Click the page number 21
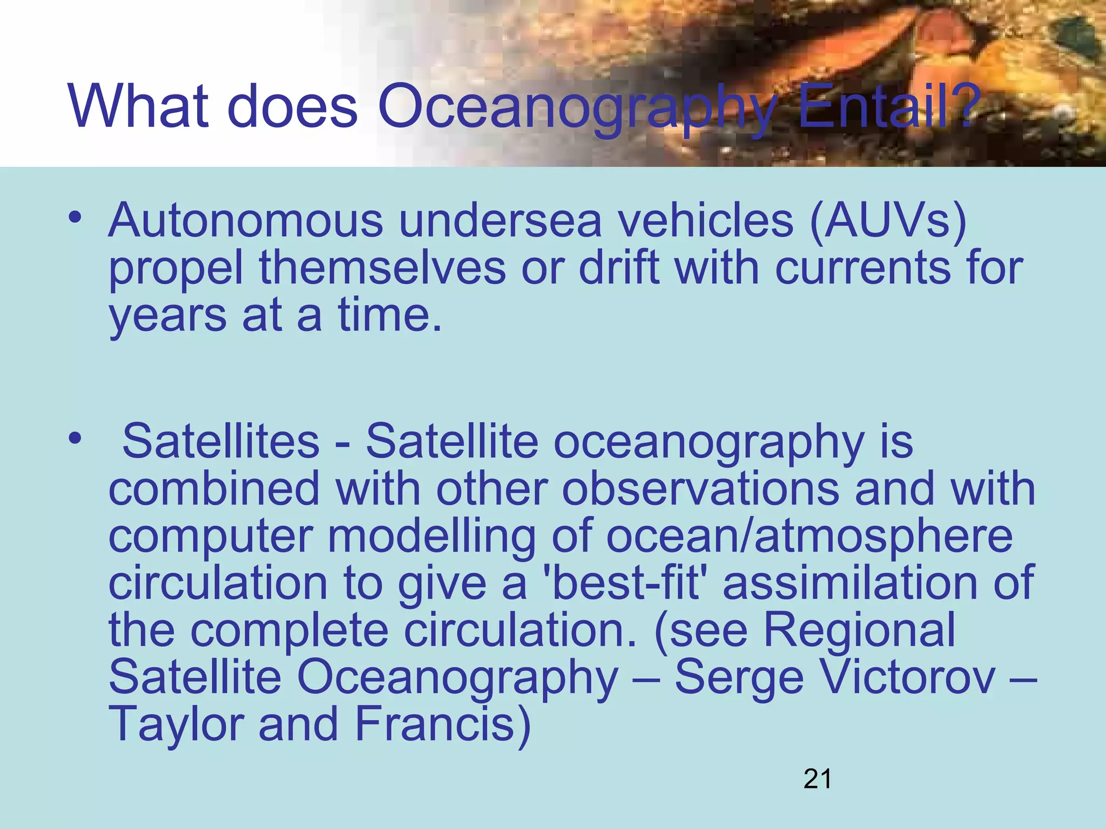(817, 779)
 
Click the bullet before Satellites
(75, 438)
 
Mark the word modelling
(432, 537)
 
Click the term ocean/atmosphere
(809, 537)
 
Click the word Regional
(859, 630)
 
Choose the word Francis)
(443, 725)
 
